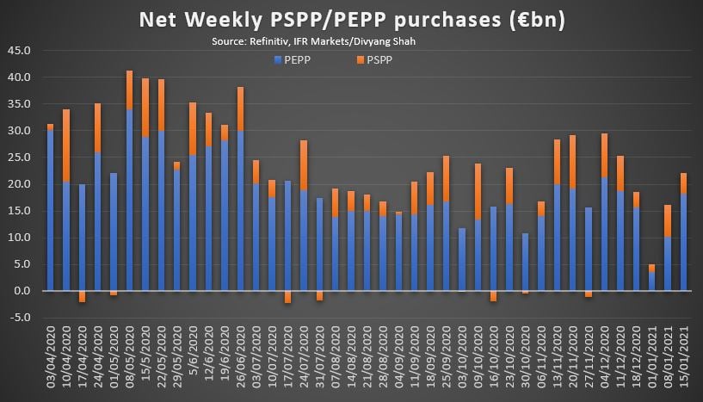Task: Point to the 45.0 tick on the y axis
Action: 20,51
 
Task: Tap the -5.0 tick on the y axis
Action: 20,318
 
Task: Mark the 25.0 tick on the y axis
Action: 20,158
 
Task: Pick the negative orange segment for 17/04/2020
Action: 83,296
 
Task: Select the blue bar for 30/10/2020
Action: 525,262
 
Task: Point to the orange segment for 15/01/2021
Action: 682,183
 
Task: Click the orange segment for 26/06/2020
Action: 240,108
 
